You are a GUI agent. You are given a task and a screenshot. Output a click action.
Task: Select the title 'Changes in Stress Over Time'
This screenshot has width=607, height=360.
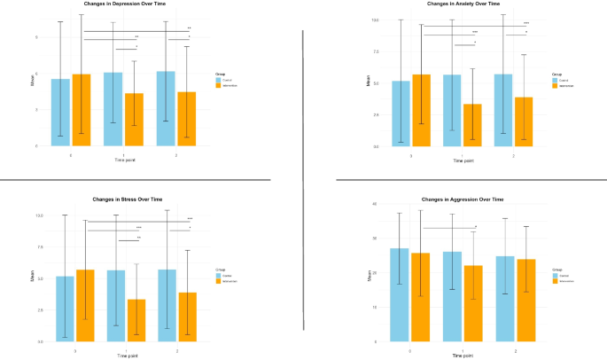click(128, 199)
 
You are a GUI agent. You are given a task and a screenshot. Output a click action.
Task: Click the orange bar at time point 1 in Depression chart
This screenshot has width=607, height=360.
click(134, 119)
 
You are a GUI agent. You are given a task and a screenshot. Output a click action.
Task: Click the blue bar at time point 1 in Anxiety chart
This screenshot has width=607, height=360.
click(452, 110)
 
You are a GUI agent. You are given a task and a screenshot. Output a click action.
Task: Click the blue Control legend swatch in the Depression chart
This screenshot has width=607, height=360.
click(217, 80)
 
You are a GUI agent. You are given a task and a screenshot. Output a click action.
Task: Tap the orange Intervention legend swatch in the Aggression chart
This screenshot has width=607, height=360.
click(556, 281)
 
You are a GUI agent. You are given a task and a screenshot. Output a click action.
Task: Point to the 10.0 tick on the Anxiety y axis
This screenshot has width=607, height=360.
click(375, 20)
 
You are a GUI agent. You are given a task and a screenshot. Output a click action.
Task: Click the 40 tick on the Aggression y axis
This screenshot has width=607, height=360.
click(376, 204)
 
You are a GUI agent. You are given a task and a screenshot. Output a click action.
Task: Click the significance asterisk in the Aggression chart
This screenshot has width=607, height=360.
click(476, 226)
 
